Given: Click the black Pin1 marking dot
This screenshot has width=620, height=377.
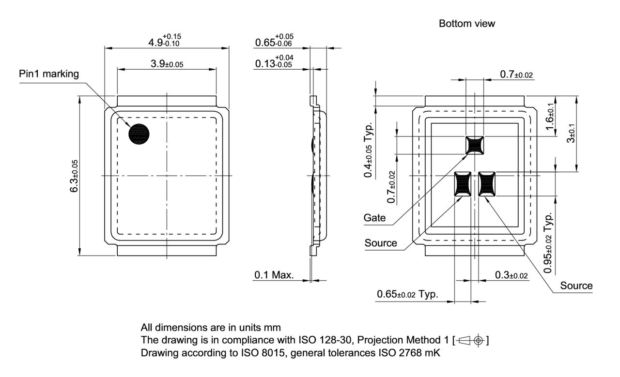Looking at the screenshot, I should pos(139,134).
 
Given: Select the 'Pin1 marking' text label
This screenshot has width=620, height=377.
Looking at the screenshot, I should pos(48,74).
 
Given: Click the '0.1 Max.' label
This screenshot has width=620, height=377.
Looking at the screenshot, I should pos(274,275).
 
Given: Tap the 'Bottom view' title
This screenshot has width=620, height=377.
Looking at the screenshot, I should pos(467,23).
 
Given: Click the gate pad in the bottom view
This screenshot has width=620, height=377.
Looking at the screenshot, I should pos(474,145).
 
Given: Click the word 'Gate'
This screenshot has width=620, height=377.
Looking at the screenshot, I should pos(375,218).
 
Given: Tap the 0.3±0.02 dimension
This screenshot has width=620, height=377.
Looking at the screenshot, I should pos(511,275).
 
